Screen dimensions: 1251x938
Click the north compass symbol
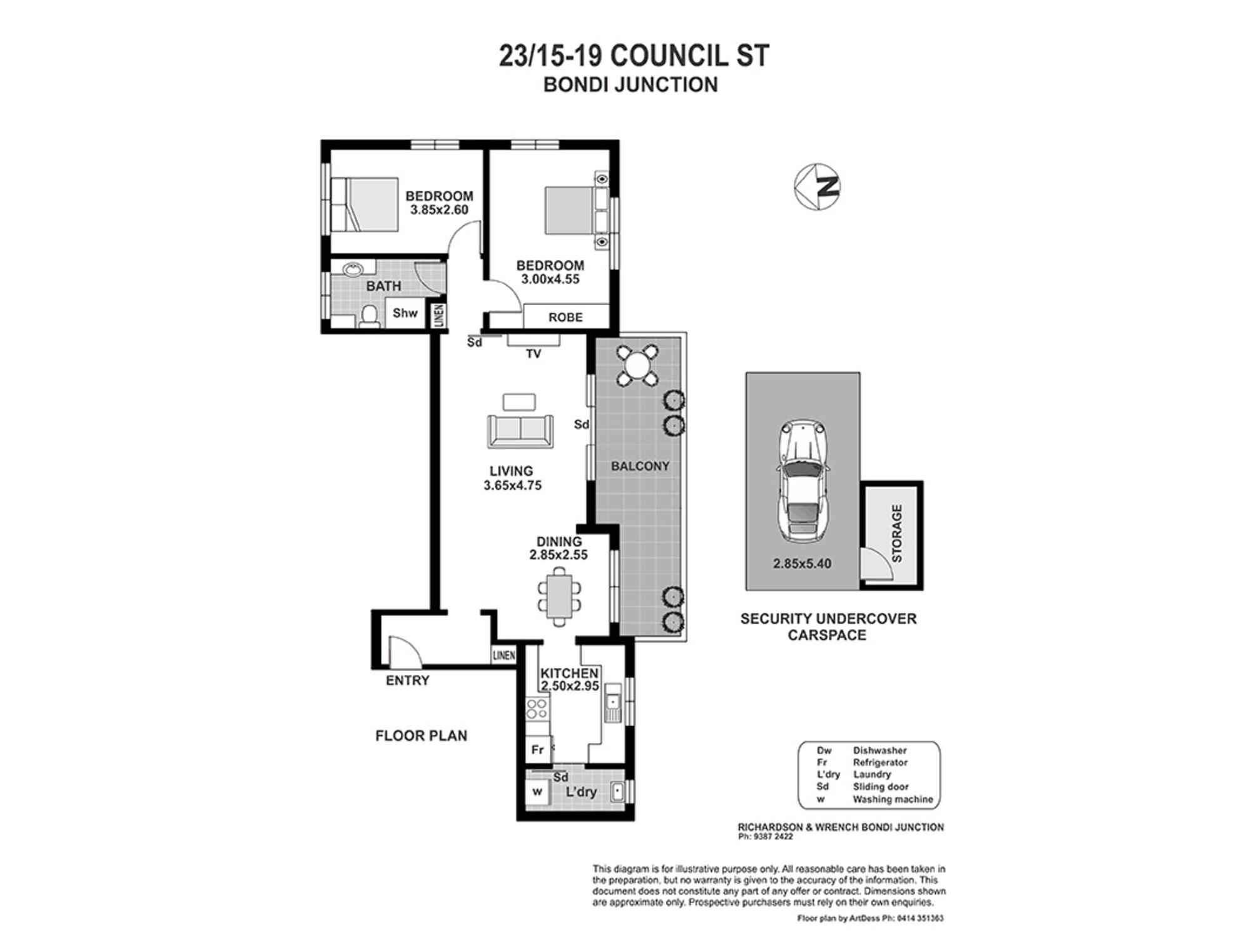point(817,187)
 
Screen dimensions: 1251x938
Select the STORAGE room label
point(896,533)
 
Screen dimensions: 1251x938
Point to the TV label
point(533,354)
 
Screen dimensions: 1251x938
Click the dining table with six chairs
point(559,597)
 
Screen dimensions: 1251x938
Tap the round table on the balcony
point(637,365)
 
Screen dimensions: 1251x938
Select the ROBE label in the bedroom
point(565,318)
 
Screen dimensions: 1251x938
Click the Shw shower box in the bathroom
point(405,313)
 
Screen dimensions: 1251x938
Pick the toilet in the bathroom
point(369,316)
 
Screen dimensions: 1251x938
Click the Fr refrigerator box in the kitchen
point(538,750)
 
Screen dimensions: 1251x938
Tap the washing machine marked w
point(537,792)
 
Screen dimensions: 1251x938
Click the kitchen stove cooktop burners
point(537,709)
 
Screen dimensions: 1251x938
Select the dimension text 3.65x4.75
point(512,485)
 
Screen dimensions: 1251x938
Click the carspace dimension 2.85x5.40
point(803,563)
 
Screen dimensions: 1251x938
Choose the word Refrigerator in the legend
point(880,762)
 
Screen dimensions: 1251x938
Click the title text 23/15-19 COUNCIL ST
point(634,55)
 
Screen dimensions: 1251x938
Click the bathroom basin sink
point(353,270)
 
